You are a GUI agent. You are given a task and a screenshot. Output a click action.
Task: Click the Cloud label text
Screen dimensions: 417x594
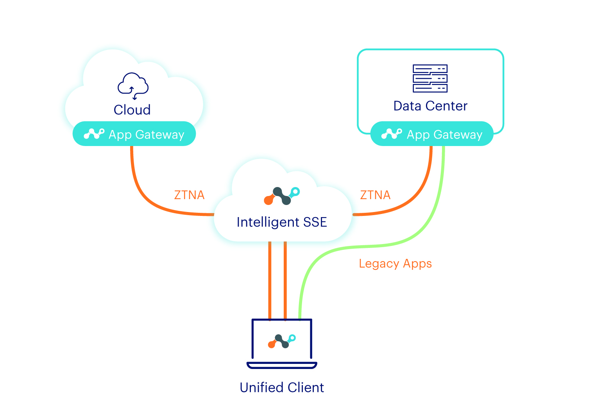[x=132, y=110]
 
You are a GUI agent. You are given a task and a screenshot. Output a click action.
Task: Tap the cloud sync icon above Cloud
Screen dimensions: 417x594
[x=133, y=85]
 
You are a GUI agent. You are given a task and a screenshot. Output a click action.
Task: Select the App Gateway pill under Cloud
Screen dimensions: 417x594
[x=134, y=134]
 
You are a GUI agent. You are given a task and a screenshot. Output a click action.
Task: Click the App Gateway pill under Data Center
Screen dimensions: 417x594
[x=432, y=134]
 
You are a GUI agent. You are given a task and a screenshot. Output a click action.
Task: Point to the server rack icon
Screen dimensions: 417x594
[x=430, y=78]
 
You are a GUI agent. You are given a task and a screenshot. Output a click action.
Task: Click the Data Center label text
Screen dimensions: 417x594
[x=430, y=106]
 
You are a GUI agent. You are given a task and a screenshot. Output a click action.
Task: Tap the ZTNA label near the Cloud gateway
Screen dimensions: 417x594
[x=189, y=195]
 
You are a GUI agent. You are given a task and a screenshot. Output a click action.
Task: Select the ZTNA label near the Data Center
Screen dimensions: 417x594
[x=375, y=195]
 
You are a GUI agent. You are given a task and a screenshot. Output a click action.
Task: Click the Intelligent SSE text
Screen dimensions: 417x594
[x=282, y=222]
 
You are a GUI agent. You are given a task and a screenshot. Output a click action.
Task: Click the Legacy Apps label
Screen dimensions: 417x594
[x=395, y=264]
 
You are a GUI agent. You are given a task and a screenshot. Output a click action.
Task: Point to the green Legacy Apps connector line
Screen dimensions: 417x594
[x=391, y=244]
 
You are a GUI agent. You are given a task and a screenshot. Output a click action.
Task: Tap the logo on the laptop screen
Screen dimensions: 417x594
[x=282, y=341]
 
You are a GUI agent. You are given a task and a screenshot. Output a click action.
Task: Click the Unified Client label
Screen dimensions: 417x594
[x=282, y=387]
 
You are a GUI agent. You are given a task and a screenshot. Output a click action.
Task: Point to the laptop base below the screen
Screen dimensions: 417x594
[x=282, y=365]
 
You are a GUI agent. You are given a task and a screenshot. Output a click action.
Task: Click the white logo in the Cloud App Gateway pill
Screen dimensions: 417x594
[x=94, y=134]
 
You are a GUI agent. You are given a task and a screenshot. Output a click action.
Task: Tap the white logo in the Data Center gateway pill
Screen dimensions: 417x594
[x=392, y=134]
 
